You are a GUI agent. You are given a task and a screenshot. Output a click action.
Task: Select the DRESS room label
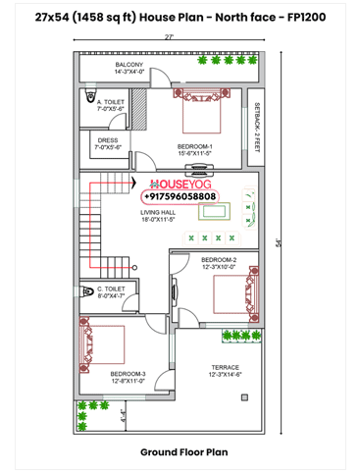(108, 143)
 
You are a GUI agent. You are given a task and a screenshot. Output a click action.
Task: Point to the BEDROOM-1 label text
(195, 149)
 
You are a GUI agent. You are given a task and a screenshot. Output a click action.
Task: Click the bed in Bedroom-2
(233, 293)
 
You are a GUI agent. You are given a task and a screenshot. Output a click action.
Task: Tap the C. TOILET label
(110, 291)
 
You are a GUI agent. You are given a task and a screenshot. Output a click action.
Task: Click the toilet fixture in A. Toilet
(89, 101)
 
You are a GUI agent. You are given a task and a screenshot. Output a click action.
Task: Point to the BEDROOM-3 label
(128, 377)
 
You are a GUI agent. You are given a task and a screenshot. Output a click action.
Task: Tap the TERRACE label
(226, 371)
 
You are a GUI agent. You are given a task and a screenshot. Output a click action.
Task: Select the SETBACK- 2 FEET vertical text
(257, 128)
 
